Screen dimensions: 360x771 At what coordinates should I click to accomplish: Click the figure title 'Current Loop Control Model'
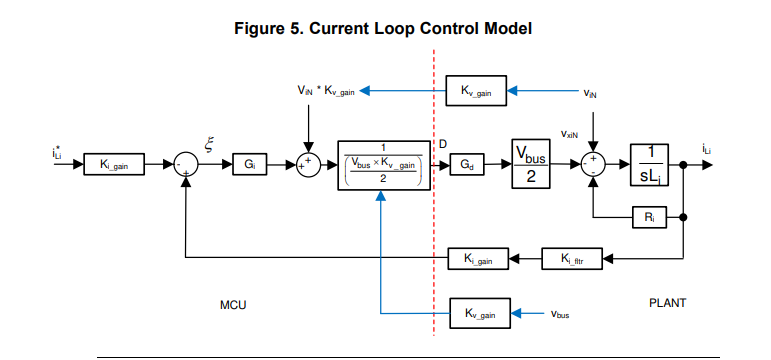[384, 29]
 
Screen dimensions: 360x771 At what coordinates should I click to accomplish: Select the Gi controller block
[249, 164]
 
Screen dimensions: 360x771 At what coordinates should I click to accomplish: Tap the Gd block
[468, 164]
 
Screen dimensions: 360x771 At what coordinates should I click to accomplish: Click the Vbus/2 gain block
[533, 163]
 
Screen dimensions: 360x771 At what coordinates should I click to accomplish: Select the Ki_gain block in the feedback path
[478, 259]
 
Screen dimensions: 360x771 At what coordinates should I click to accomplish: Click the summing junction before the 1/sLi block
[594, 164]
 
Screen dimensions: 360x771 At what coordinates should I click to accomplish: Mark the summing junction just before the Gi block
[187, 164]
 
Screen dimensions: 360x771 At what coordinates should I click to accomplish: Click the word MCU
[233, 302]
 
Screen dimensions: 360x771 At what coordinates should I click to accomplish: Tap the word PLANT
[666, 300]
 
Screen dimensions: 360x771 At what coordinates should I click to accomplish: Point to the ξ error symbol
[209, 142]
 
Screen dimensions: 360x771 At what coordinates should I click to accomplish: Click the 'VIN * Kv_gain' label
[326, 91]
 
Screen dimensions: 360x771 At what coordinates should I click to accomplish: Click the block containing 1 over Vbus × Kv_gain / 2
[381, 164]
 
